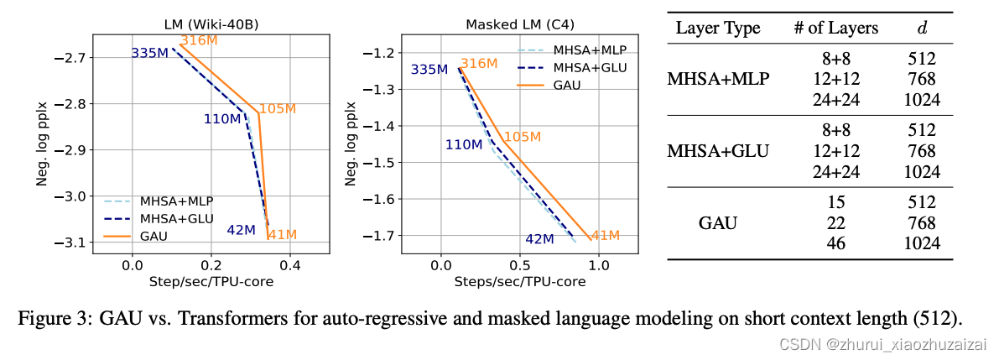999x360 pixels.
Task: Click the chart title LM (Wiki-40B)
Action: tap(210, 24)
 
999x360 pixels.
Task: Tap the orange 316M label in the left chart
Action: tap(198, 40)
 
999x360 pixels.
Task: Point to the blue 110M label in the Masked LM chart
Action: tap(464, 145)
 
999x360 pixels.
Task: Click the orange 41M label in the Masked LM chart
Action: tap(605, 236)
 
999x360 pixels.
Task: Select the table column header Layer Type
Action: tap(718, 29)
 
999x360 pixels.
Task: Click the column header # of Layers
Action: tap(835, 29)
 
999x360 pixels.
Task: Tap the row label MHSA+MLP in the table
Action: tap(718, 80)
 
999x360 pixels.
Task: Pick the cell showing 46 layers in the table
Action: tap(836, 244)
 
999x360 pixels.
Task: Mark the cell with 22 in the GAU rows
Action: tap(836, 223)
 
